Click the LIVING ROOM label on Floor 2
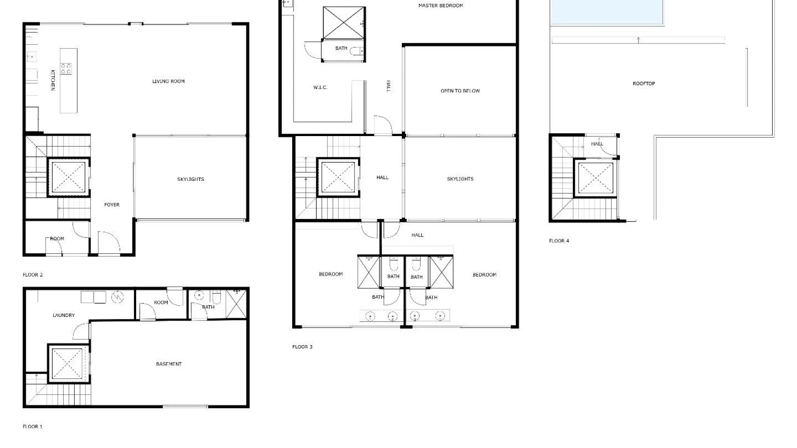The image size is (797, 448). click(168, 81)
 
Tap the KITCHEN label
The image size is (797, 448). click(53, 80)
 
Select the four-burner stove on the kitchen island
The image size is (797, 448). click(66, 68)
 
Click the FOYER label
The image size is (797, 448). click(112, 205)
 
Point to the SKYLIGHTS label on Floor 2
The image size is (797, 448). click(191, 179)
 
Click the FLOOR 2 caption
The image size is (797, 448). click(33, 275)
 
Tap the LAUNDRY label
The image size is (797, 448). click(64, 315)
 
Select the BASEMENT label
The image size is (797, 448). click(169, 364)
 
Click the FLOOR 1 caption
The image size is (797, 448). click(32, 426)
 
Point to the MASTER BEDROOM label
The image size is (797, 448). click(440, 6)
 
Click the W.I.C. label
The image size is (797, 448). click(320, 88)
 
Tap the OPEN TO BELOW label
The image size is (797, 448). click(460, 91)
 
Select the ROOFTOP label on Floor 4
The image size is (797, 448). click(643, 83)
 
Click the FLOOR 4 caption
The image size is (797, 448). click(559, 241)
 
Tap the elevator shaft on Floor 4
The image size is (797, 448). click(595, 178)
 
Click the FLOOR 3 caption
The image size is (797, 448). click(302, 347)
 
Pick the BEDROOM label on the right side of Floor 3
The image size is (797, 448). click(484, 275)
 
